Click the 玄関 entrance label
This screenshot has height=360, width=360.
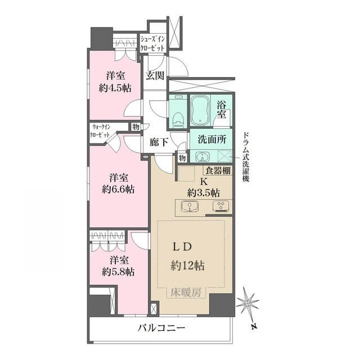tap(155, 75)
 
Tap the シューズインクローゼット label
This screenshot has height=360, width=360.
tap(152, 44)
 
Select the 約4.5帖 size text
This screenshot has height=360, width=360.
tap(115, 88)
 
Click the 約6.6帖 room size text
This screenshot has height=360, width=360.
tap(118, 190)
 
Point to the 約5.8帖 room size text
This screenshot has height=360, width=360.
tap(118, 272)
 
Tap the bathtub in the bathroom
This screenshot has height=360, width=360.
tap(200, 110)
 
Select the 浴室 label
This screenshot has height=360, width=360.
tap(222, 110)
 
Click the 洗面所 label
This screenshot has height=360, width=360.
tap(212, 139)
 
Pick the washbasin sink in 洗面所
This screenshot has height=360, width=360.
tap(202, 156)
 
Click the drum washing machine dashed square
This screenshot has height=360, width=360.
tap(224, 156)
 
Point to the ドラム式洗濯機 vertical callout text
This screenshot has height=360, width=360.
tap(246, 157)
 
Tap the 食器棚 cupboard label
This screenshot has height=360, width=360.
tap(218, 170)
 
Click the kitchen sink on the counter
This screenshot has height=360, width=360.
tap(190, 206)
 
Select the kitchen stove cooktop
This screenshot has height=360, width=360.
tap(221, 206)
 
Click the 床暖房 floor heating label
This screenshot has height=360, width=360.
tap(186, 292)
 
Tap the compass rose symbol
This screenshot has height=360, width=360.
tap(248, 304)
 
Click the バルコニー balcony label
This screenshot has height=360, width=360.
tap(161, 328)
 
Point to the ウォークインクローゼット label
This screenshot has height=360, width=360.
tap(100, 131)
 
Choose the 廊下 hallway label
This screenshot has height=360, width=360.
tap(159, 142)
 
